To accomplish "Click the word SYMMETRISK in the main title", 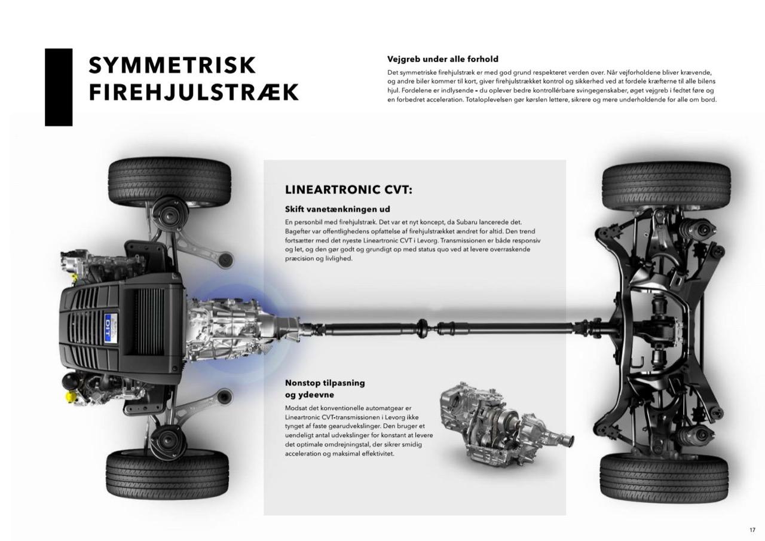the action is tap(172, 65).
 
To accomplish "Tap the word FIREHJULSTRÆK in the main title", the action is tap(194, 92).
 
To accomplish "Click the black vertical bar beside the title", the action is tap(59, 87).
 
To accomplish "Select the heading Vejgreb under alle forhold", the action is tap(443, 59).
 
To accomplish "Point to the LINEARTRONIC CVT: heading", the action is tap(348, 190).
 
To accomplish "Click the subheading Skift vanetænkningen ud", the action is tap(338, 209).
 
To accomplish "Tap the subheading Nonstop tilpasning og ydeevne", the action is tap(325, 389).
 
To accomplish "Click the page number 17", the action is tap(752, 530).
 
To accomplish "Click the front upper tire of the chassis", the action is tap(169, 182).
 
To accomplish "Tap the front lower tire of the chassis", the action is tap(167, 475).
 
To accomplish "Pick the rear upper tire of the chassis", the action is tap(666, 187).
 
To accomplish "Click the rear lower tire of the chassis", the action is tap(664, 478).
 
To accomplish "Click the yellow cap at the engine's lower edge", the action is tap(71, 397).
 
